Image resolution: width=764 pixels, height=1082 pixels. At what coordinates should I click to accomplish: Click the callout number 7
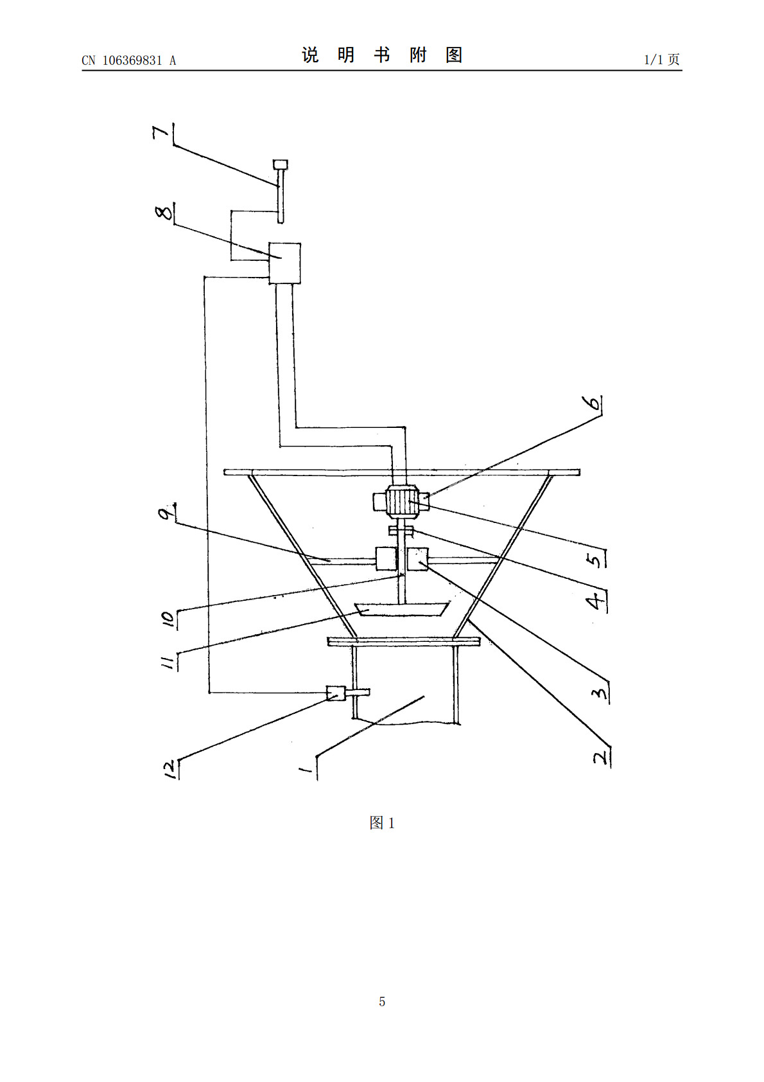[x=161, y=132]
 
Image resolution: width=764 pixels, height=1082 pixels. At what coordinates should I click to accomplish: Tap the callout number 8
[x=164, y=212]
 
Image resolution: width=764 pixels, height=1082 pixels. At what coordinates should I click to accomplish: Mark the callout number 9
[x=166, y=512]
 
